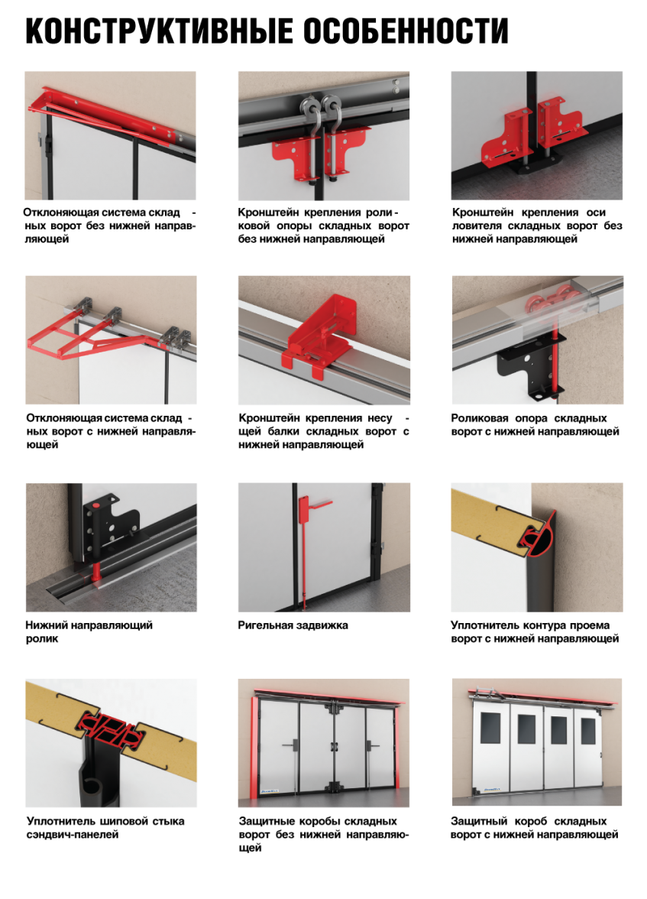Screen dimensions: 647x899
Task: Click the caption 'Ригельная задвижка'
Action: pos(293,625)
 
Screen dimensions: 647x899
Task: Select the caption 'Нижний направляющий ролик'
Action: pos(89,631)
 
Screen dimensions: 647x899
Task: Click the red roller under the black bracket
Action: pos(96,573)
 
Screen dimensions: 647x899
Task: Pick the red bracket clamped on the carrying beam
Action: pos(320,336)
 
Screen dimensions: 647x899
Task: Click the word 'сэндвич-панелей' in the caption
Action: pos(73,834)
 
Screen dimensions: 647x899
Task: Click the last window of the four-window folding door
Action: pos(587,730)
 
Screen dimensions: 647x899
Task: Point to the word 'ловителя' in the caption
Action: pos(476,226)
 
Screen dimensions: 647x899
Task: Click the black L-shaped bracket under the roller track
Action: pos(531,368)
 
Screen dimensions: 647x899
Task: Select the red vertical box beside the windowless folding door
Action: pos(254,748)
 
